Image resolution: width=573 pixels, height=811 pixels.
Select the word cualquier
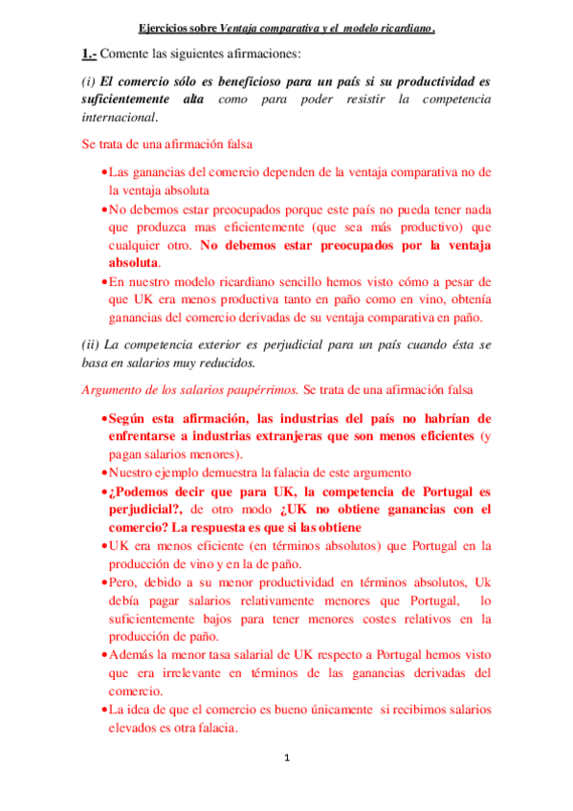(x=138, y=245)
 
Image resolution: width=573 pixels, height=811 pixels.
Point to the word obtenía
(x=466, y=300)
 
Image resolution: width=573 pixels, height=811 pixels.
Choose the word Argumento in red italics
(x=112, y=390)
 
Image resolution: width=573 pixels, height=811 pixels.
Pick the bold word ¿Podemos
(x=141, y=491)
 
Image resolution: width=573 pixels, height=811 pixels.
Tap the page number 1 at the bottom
(x=287, y=758)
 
